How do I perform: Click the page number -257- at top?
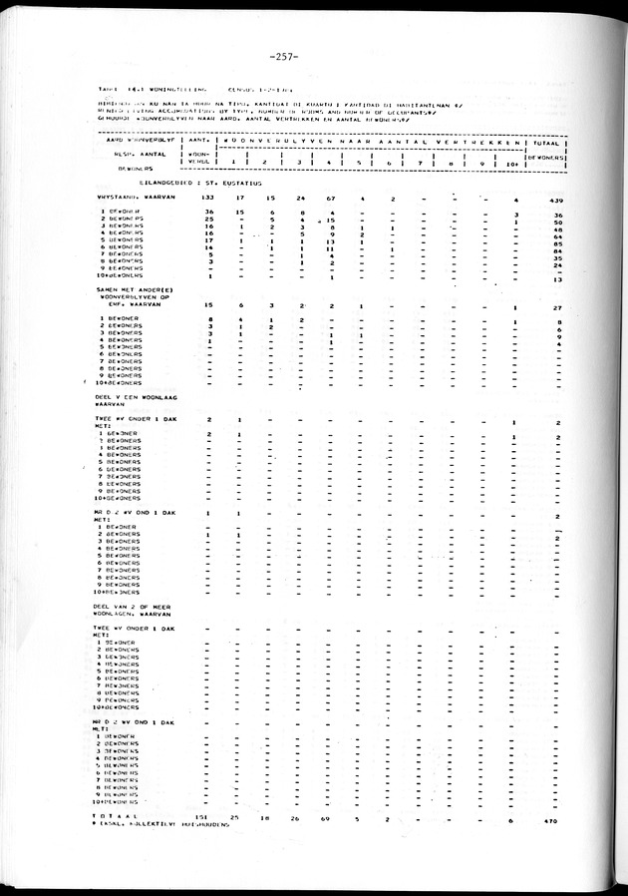pos(314,54)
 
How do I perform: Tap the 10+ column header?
pos(513,165)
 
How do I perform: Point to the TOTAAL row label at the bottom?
pos(113,817)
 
